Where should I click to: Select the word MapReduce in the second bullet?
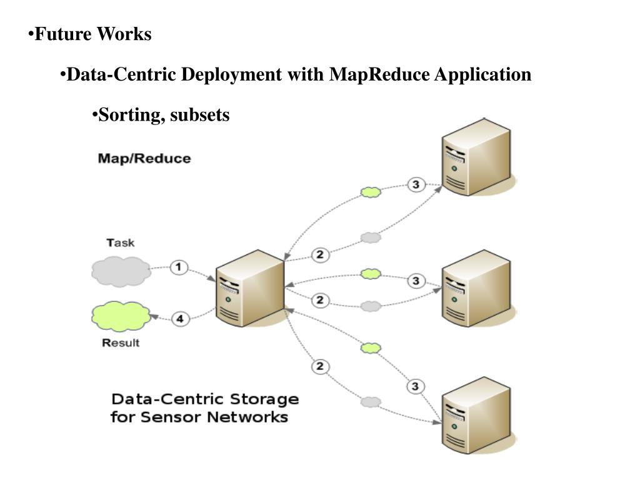379,75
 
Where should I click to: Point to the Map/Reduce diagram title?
144,158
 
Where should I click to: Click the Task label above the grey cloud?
121,242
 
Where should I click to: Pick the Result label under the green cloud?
121,342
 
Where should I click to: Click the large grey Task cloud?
121,271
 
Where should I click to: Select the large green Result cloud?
121,317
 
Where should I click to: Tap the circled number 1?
179,267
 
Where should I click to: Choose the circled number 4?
179,319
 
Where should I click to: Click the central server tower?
249,289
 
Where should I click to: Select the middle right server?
476,289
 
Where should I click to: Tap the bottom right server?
476,417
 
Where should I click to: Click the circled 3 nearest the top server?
416,184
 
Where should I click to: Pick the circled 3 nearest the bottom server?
416,387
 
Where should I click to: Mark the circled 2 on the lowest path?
320,366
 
